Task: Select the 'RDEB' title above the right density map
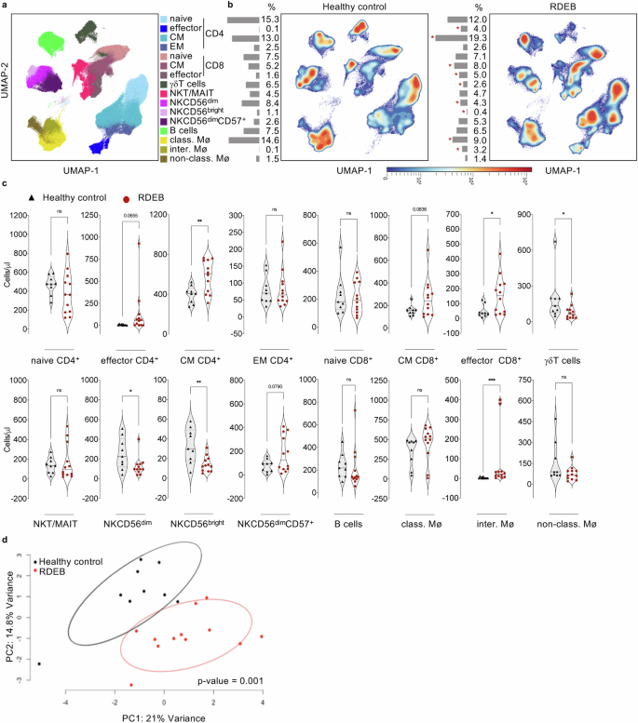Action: [x=562, y=7]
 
